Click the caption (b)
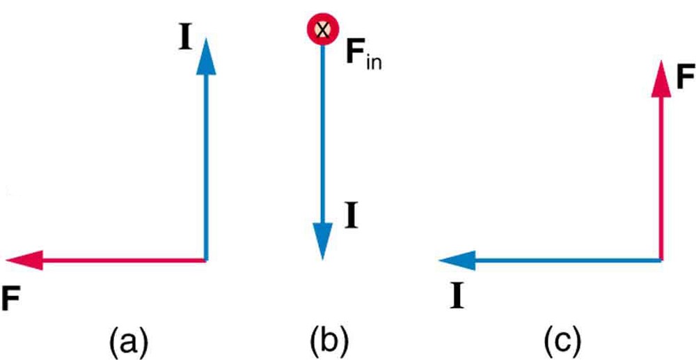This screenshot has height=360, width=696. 328,341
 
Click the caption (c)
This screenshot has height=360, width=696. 561,341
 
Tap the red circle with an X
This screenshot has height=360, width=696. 322,29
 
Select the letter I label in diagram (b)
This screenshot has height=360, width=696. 351,217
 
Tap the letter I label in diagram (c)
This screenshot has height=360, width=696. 457,297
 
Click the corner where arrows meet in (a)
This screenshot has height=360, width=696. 205,260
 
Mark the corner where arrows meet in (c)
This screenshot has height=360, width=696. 660,260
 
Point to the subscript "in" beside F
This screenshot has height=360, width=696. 374,64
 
